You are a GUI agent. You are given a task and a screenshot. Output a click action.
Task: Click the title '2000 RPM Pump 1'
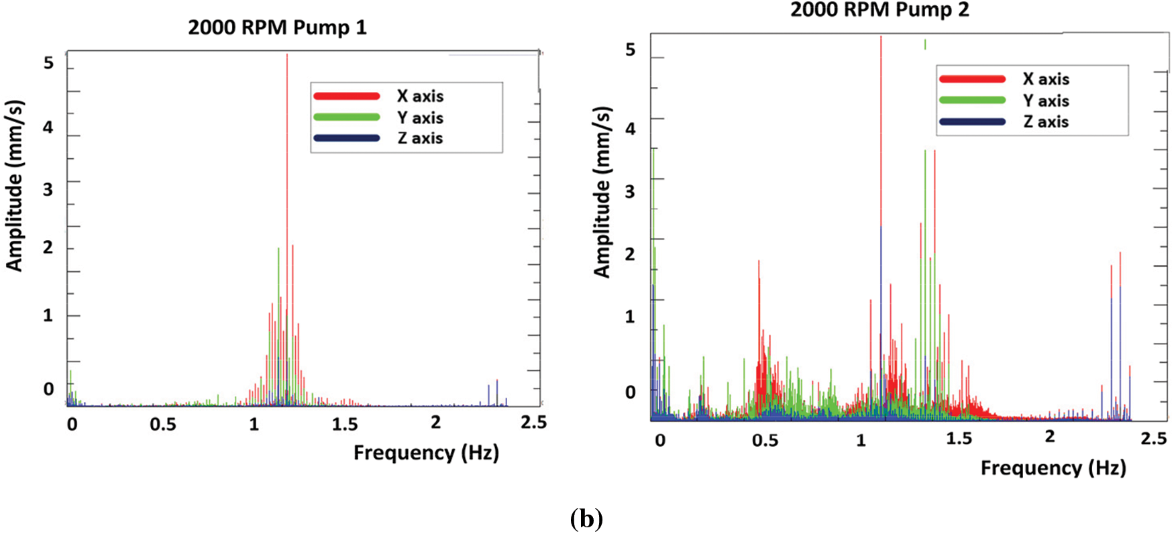[x=277, y=28]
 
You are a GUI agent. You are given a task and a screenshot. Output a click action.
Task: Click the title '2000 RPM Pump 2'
[x=879, y=10]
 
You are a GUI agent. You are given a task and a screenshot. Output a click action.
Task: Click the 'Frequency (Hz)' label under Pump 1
[x=426, y=453]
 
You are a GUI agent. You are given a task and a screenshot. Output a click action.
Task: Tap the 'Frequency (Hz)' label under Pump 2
[x=1053, y=468]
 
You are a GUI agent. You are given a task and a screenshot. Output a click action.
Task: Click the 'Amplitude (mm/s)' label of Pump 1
[x=14, y=186]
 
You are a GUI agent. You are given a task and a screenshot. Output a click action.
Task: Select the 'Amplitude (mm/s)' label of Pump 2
[x=602, y=192]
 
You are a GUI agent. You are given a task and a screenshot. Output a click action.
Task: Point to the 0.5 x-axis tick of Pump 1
[x=163, y=424]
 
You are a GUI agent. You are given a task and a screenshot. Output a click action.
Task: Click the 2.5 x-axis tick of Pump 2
[x=1154, y=439]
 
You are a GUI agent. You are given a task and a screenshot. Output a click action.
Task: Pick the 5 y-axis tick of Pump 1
[x=48, y=63]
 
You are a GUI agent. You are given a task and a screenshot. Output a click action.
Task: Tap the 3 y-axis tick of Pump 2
[x=630, y=191]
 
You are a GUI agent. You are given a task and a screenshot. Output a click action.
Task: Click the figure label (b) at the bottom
[x=586, y=519]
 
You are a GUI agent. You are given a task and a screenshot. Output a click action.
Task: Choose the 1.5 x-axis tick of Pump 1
[x=345, y=424]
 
